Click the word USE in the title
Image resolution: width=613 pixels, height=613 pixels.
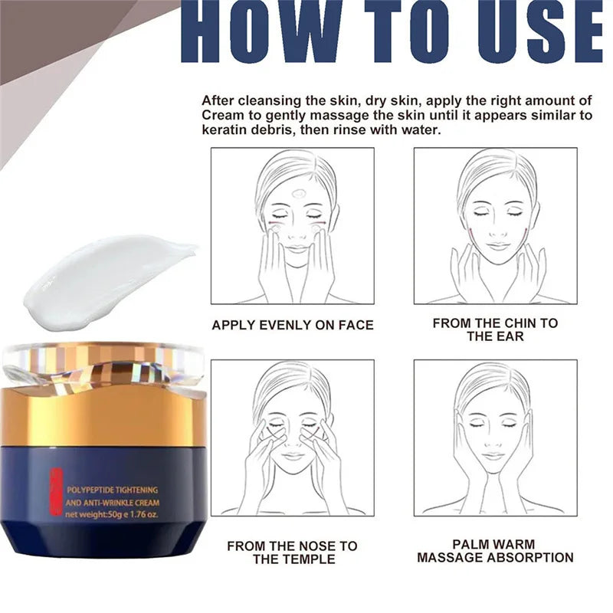tap(533, 35)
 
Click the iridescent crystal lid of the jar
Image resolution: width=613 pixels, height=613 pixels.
tap(103, 366)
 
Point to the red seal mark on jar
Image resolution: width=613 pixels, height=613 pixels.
tap(54, 491)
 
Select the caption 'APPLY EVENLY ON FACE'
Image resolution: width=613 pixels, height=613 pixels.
tap(292, 325)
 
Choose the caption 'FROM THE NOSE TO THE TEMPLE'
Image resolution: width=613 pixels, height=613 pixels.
tap(292, 552)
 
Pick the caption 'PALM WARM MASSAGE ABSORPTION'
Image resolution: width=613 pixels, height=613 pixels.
tap(495, 551)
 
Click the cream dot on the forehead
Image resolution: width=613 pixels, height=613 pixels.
tap(297, 193)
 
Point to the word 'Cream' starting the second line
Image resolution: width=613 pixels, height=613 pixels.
tap(222, 115)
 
